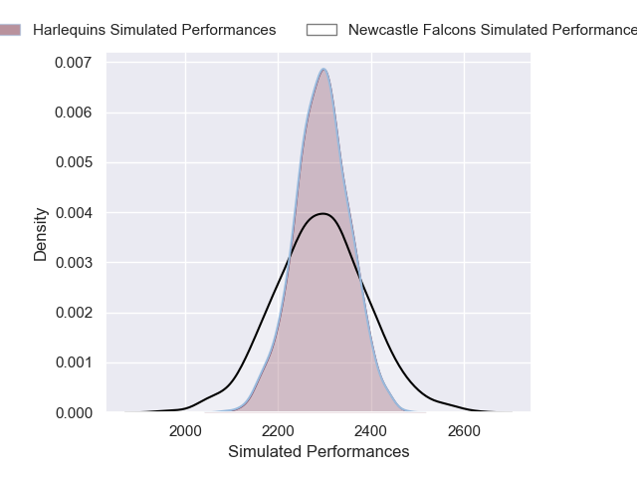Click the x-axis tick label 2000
tap(185, 431)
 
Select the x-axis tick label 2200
tap(278, 431)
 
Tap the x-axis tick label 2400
tap(371, 431)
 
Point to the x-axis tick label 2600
tap(464, 431)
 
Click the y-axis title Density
tap(41, 234)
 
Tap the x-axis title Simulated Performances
tap(318, 452)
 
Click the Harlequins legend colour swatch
tap(8, 30)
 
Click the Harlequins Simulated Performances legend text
tap(154, 30)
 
